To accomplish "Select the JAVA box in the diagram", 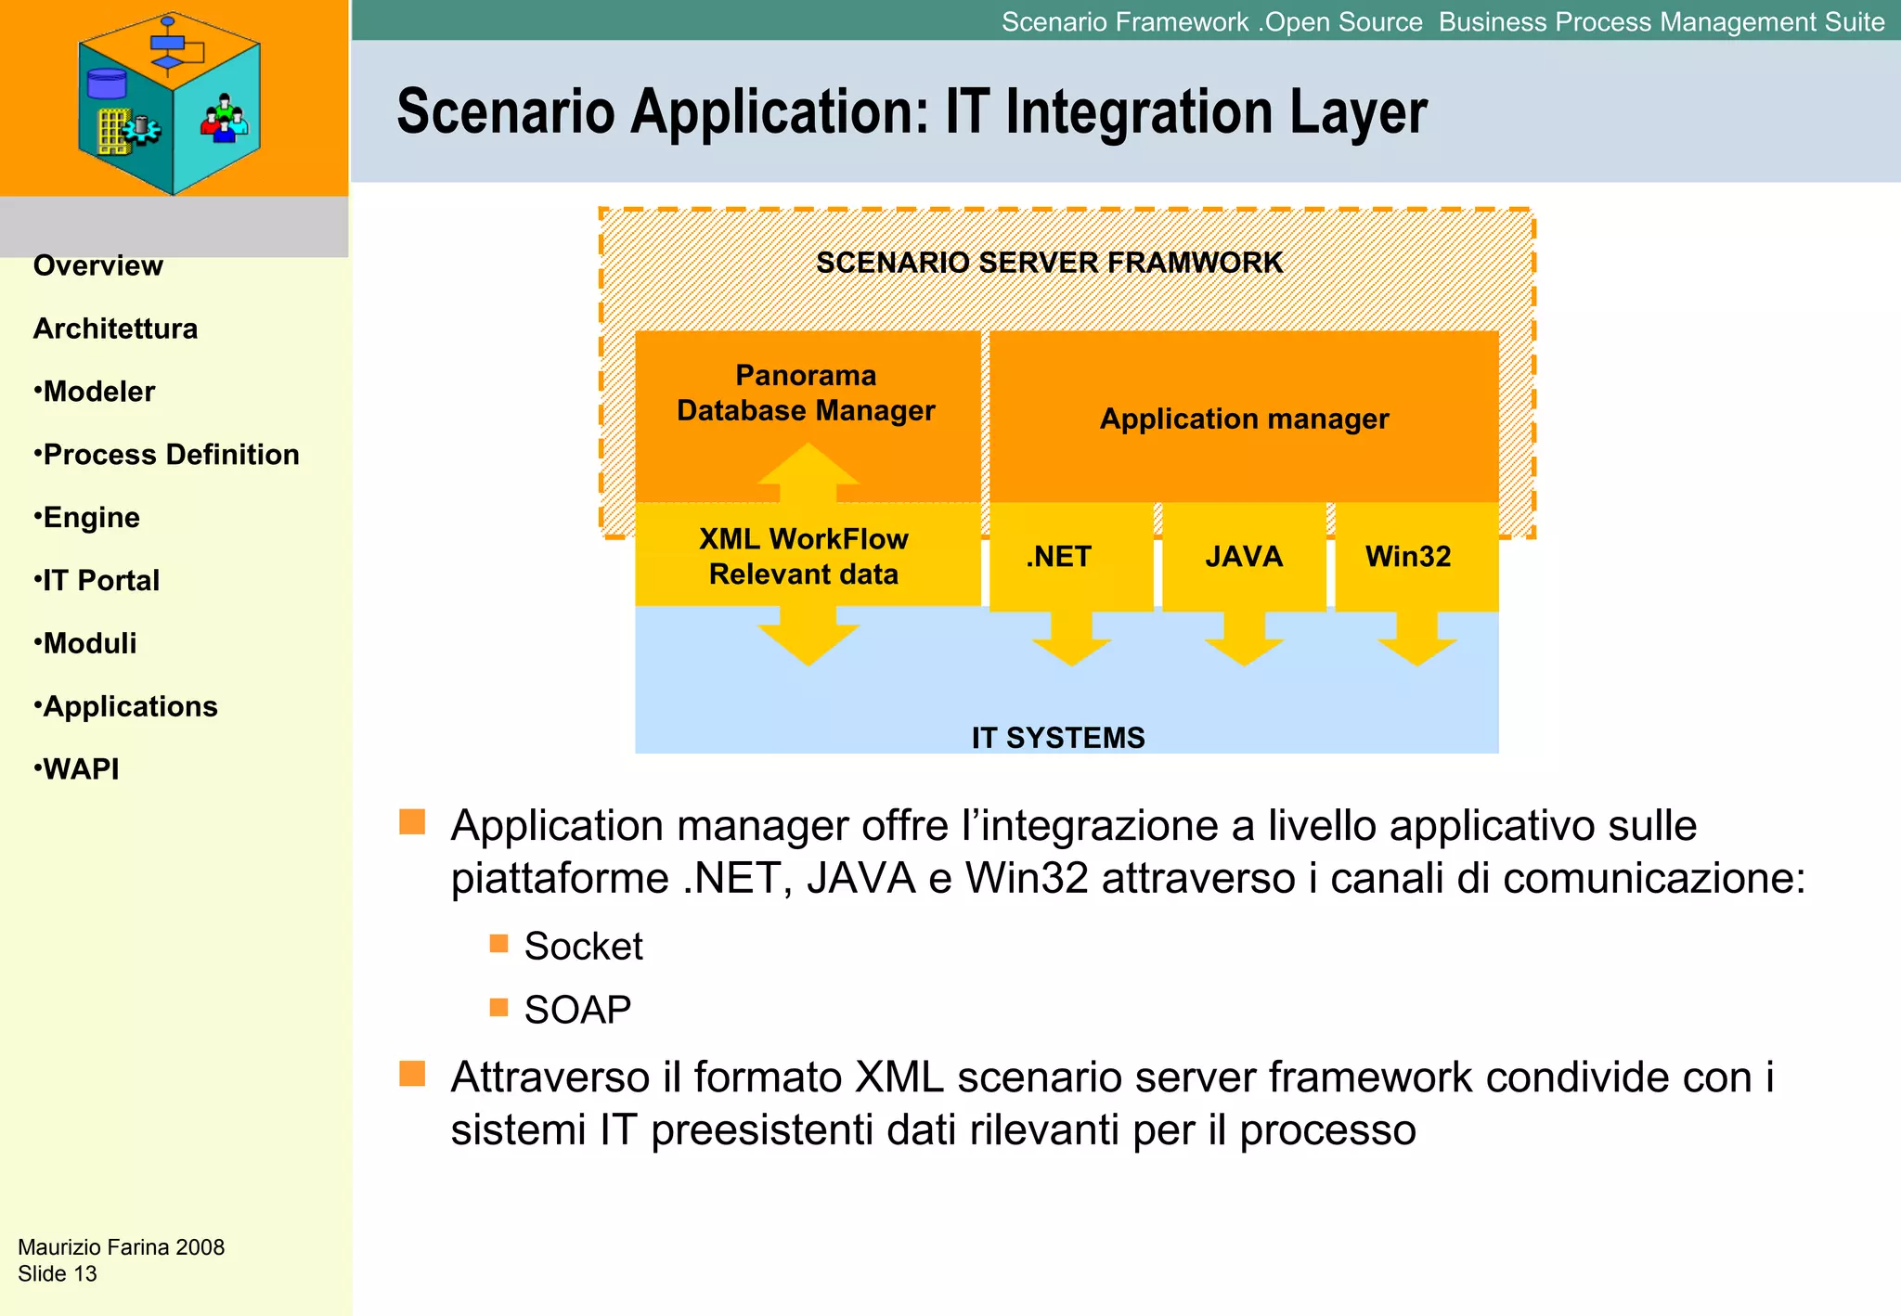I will pos(1244,557).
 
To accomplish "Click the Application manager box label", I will pos(1244,419).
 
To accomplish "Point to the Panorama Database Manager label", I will pos(806,393).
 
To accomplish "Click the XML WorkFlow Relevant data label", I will pos(804,556).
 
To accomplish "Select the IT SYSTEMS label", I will pos(1058,738).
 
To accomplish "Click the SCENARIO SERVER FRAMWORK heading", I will pos(1049,263).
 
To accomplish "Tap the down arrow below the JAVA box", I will pos(1244,645).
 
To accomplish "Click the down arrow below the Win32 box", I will pos(1416,645).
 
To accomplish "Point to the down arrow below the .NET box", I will pos(1071,645).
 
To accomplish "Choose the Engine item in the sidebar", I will pos(91,517).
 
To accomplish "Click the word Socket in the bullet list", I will pos(583,946).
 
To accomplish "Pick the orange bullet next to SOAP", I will pos(498,1008).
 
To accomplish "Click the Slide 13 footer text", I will pos(58,1273).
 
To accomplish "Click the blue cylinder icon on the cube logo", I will pos(107,84).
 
